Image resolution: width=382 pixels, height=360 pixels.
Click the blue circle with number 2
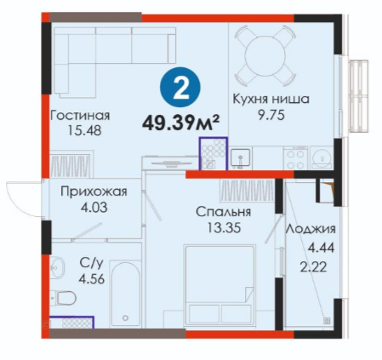point(180,87)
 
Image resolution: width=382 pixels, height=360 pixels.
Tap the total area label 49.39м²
point(181,123)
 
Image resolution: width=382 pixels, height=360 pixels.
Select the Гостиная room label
point(80,116)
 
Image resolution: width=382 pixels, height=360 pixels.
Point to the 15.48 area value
point(84,131)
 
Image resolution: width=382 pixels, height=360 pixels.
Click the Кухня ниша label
point(271,100)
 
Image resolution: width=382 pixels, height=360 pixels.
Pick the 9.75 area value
point(271,116)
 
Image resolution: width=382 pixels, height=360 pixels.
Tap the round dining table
point(265,55)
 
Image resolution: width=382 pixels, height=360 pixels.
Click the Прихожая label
point(94,192)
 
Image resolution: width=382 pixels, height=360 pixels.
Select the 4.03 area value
point(94,208)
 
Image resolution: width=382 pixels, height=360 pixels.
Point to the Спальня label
point(224,212)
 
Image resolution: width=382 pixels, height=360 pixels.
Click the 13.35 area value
point(224,227)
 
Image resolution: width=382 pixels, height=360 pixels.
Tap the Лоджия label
point(311,229)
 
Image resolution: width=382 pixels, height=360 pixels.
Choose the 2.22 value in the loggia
point(313,266)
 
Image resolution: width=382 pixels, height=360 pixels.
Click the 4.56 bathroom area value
point(92,279)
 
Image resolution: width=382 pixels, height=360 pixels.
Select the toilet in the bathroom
point(63,298)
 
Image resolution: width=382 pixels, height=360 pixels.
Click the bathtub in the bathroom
point(125,294)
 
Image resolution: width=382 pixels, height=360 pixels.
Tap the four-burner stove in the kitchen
point(296,158)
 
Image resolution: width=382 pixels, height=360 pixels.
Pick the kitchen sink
point(240,157)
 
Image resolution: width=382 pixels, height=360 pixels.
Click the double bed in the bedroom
point(220,285)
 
